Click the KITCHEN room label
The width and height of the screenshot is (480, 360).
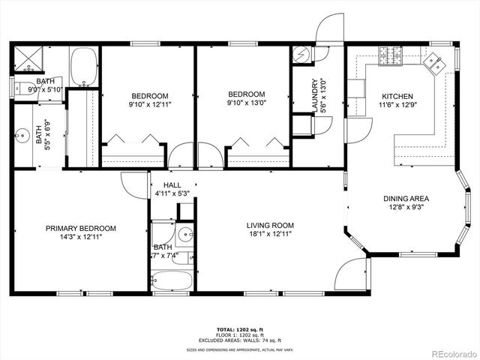(x=397, y=97)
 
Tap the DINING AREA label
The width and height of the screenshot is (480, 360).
(x=406, y=199)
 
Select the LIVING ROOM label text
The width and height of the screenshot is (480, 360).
(x=270, y=225)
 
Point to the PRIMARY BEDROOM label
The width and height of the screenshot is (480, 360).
(x=80, y=229)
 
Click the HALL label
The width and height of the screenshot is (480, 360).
(x=172, y=184)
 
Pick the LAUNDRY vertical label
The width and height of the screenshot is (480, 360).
(x=315, y=97)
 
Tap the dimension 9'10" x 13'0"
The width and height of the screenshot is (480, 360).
(x=246, y=104)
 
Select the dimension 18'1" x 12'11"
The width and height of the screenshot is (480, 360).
(x=270, y=234)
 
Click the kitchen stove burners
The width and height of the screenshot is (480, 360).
(x=390, y=54)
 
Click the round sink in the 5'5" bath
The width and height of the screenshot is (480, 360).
(x=22, y=136)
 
